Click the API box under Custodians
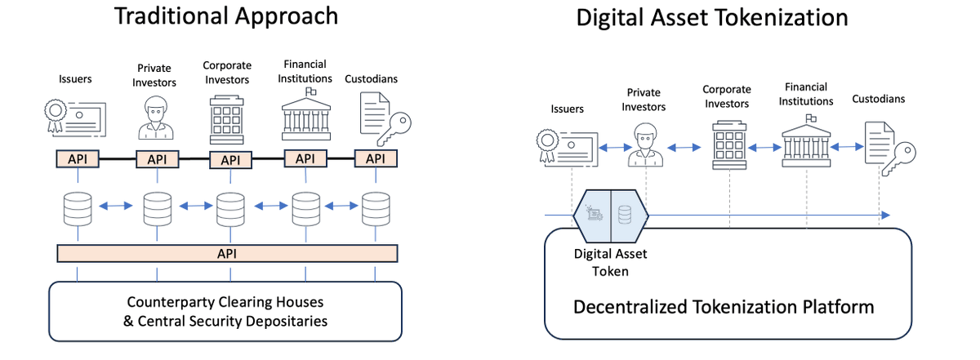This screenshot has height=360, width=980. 375,159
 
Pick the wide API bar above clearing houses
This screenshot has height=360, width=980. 226,254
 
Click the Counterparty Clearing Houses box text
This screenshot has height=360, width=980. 225,310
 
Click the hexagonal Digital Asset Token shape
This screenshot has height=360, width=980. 611,215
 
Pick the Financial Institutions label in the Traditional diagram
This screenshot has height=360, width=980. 305,71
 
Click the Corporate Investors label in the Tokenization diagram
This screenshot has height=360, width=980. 726,96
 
